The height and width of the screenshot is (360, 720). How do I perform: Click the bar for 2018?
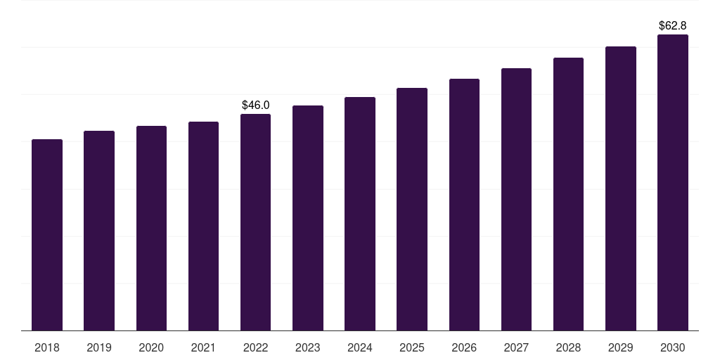point(47,235)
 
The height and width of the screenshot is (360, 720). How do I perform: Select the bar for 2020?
point(151,229)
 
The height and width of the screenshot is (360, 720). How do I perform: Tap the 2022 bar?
point(255,222)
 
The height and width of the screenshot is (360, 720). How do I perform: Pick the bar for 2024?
point(360,214)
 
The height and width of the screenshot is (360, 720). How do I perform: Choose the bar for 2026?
point(464,205)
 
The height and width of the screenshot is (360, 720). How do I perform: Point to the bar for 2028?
point(568,194)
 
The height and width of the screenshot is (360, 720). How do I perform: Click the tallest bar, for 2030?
point(673,183)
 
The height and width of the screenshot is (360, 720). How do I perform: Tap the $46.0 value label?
point(255,105)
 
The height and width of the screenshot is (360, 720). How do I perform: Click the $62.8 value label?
point(673,25)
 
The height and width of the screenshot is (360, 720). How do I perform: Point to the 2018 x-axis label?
point(47,347)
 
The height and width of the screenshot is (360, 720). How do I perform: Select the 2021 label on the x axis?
point(203,347)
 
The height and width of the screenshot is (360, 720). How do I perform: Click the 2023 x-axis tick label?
point(308,347)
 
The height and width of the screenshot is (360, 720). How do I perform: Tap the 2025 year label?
point(412,347)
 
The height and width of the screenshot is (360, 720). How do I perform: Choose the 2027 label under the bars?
point(516,347)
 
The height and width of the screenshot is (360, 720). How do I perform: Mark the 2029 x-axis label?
point(620,347)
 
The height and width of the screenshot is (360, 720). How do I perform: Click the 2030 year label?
point(673,347)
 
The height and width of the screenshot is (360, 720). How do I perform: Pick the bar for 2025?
point(412,210)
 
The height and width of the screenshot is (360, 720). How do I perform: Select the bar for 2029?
point(620,188)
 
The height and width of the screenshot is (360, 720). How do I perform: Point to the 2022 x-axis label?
point(255,347)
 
